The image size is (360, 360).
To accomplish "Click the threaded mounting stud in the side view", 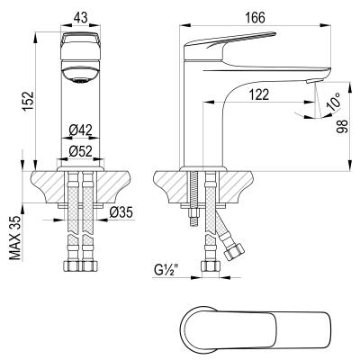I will click(191, 202).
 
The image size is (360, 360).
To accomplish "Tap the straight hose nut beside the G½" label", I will click(210, 267).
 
